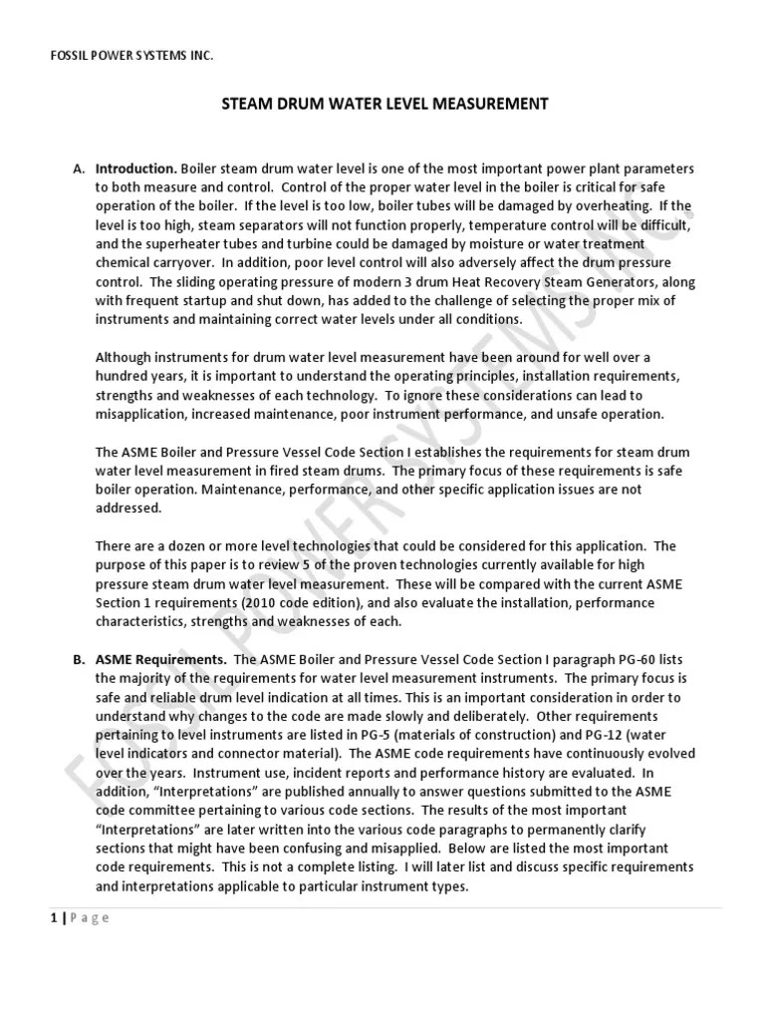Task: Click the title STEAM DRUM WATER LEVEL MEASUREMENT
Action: point(382,104)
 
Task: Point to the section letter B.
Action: point(79,661)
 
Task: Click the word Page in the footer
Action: point(88,918)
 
